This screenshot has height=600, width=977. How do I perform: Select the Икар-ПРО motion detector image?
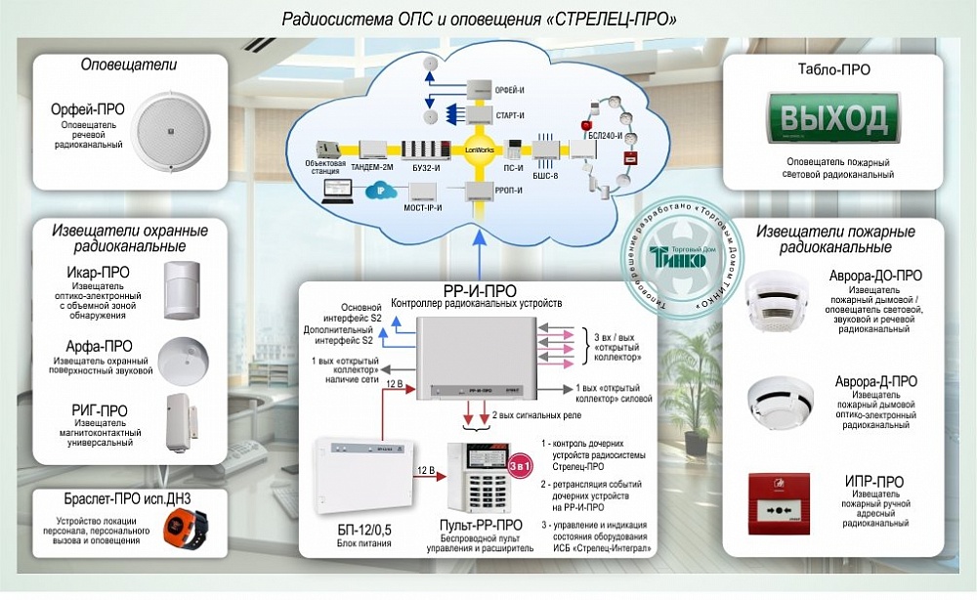click(183, 290)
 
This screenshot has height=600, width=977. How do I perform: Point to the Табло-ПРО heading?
click(833, 69)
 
